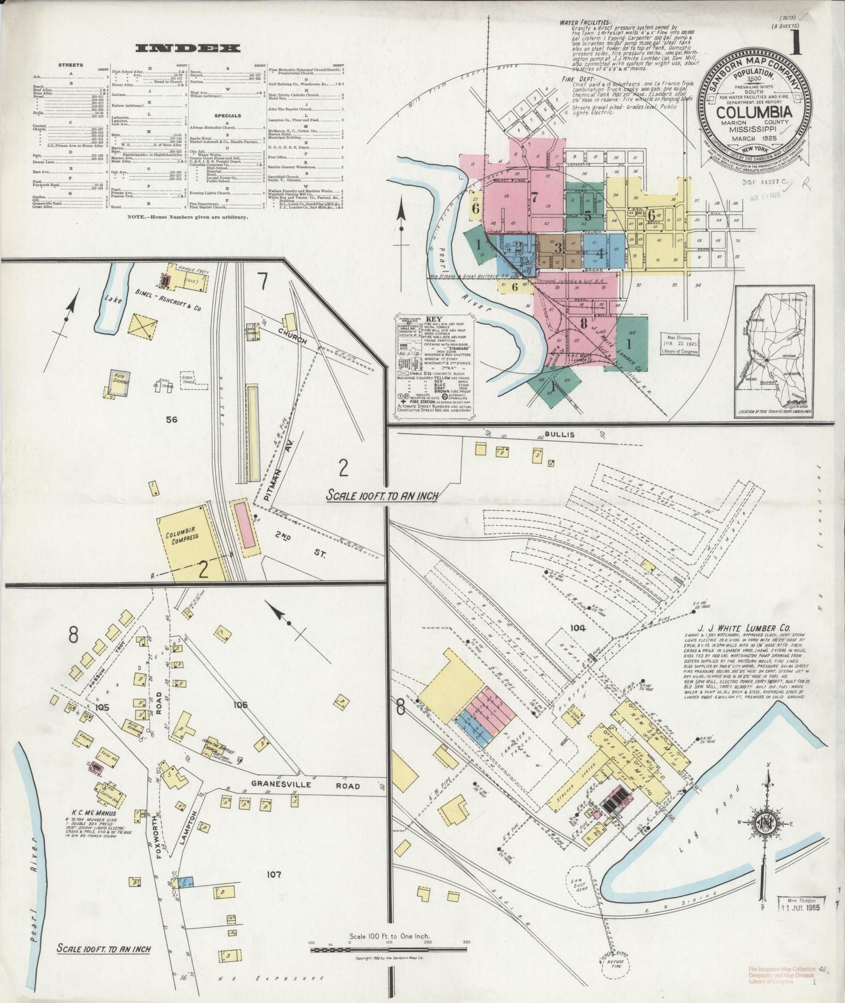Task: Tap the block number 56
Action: [x=171, y=420]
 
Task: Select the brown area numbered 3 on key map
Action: [x=558, y=248]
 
